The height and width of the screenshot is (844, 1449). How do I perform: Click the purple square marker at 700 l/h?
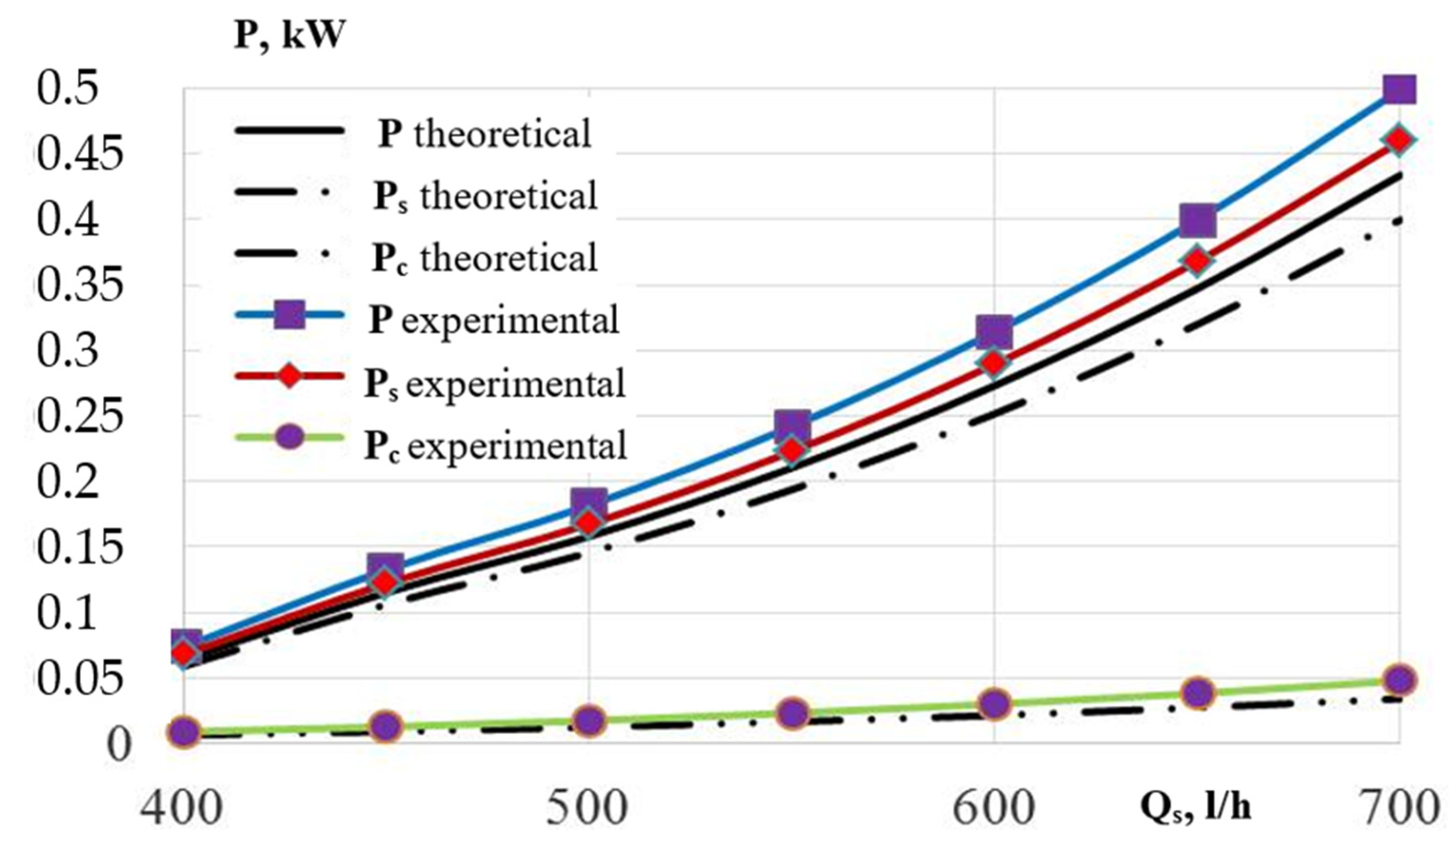click(x=1399, y=90)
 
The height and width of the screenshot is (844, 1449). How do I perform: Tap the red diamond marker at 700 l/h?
click(x=1399, y=140)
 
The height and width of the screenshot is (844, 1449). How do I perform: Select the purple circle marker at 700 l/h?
click(x=1399, y=679)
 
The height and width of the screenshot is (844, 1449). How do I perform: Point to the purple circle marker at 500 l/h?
click(x=589, y=721)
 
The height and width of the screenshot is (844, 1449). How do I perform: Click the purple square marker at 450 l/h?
click(x=385, y=567)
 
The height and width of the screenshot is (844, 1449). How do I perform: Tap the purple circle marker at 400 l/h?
click(x=184, y=732)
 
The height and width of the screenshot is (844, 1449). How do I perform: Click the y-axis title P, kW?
click(x=289, y=36)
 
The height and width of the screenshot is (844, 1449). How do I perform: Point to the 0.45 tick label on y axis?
click(x=79, y=156)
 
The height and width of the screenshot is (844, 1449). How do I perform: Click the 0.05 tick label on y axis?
click(x=79, y=679)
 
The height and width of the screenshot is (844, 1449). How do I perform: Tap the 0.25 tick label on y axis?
click(x=79, y=417)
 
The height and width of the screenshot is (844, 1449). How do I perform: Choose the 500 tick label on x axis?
click(x=587, y=808)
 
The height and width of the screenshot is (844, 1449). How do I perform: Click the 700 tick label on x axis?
click(x=1403, y=808)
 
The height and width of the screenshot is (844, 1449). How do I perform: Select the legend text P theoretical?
click(x=484, y=133)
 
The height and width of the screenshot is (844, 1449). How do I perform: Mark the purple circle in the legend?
click(x=289, y=438)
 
